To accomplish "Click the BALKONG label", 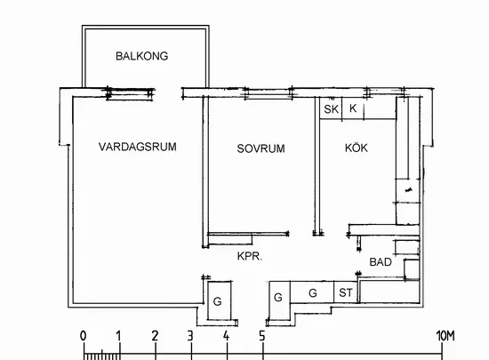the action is [x=142, y=56].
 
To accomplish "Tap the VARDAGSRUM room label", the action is [x=138, y=147].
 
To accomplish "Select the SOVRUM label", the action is [x=261, y=148].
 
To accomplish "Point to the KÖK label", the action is [x=357, y=148].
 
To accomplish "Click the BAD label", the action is [x=381, y=262].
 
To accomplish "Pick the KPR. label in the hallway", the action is [x=250, y=256].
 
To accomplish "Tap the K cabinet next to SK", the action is [x=353, y=108].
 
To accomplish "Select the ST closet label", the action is [x=346, y=292].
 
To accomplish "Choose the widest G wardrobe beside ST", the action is [x=312, y=292].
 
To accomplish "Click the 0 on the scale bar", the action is [x=83, y=336].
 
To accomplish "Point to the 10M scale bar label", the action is [x=445, y=336].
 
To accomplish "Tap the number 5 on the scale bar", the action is [x=262, y=336].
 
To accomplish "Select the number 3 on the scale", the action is [x=190, y=336].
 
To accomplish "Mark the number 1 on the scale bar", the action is [x=118, y=336].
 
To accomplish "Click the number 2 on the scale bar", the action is [x=155, y=336].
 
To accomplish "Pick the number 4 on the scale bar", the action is [x=226, y=336].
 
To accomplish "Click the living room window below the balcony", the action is [x=130, y=93].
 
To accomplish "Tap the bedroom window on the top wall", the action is [x=269, y=93].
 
